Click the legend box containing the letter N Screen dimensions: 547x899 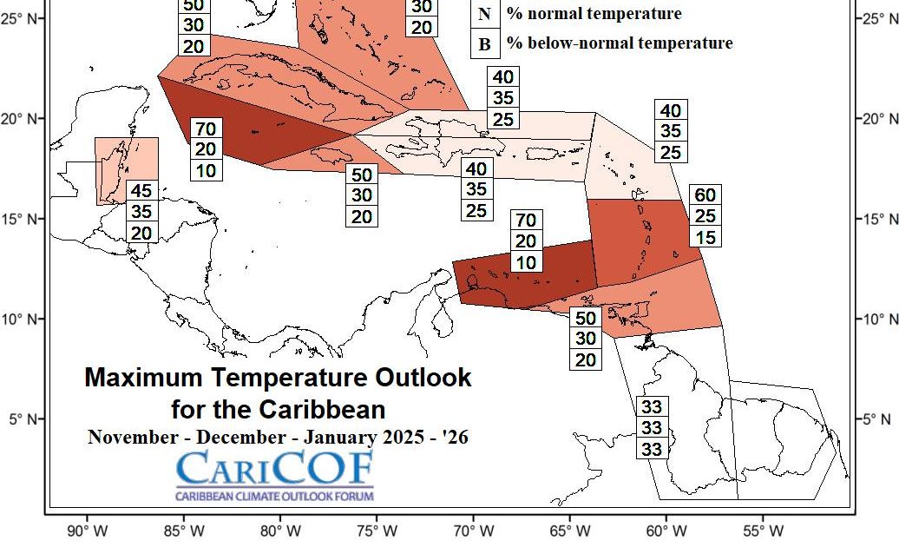484,14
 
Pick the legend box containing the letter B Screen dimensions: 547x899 484,43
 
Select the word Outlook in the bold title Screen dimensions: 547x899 423,378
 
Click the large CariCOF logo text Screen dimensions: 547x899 275,470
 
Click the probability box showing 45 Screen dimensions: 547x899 141,191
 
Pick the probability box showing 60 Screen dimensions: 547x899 704,194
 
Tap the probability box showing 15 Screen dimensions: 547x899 704,236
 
